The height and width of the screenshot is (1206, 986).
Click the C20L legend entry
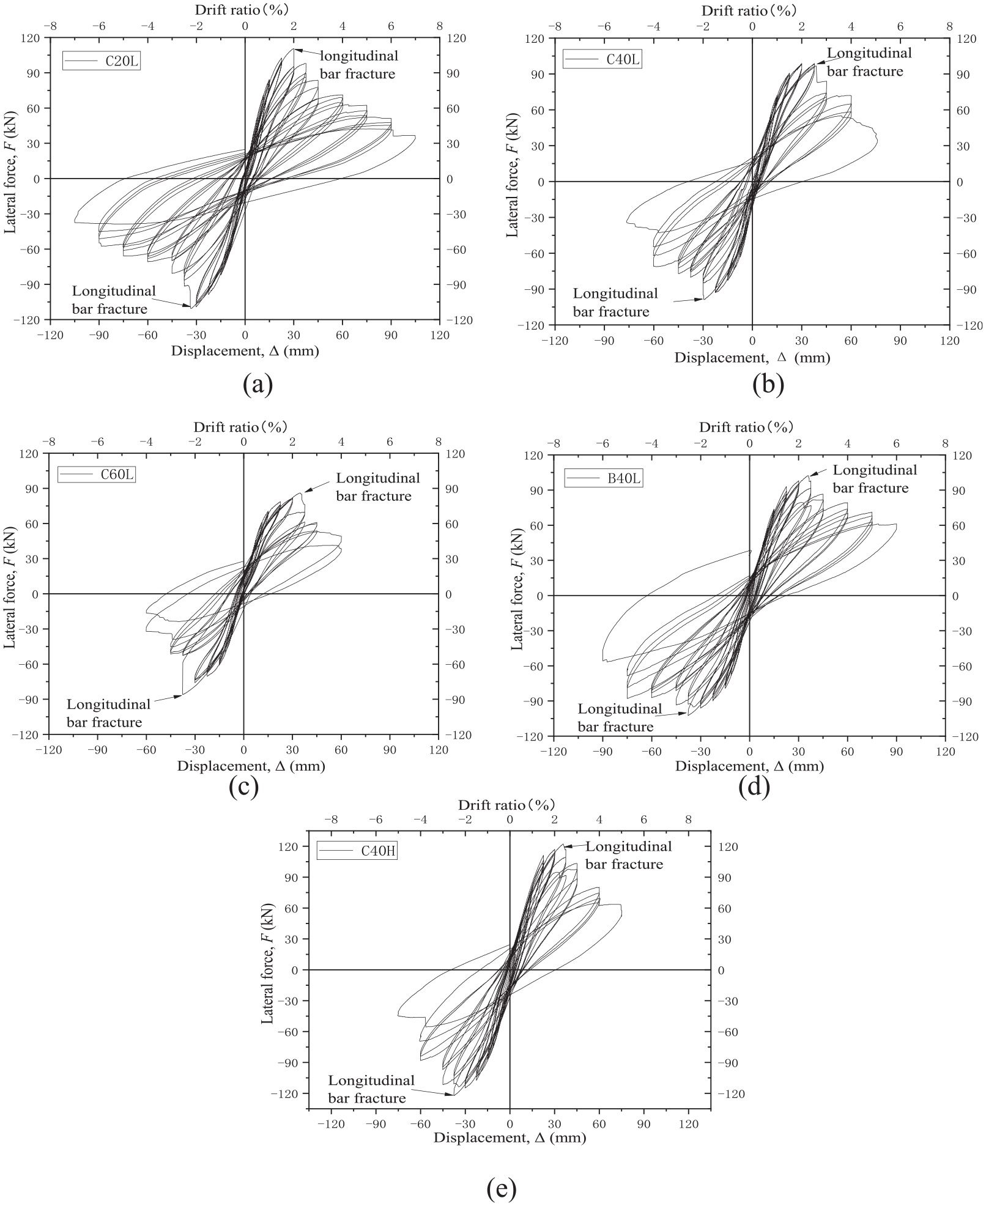[x=101, y=61]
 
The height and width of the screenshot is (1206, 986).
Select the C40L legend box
[x=602, y=59]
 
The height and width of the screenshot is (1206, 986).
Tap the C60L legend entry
[x=97, y=474]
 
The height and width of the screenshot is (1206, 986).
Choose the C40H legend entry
[x=357, y=851]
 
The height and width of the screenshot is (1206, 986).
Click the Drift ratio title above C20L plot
[x=242, y=9]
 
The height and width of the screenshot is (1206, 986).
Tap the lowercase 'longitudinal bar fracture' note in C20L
[x=358, y=65]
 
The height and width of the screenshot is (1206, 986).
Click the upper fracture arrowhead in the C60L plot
[x=308, y=489]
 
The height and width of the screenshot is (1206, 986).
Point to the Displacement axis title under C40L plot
[x=752, y=357]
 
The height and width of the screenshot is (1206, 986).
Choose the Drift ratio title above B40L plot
[x=746, y=427]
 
